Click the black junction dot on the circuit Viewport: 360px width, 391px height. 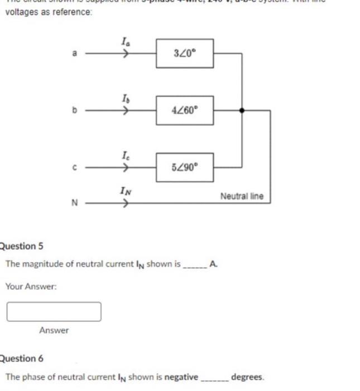pos(242,110)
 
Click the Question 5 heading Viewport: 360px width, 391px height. pos(21,246)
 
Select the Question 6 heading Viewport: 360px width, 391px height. pos(21,358)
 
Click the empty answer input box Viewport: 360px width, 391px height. pos(54,312)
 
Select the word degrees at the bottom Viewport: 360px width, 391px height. pos(247,377)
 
